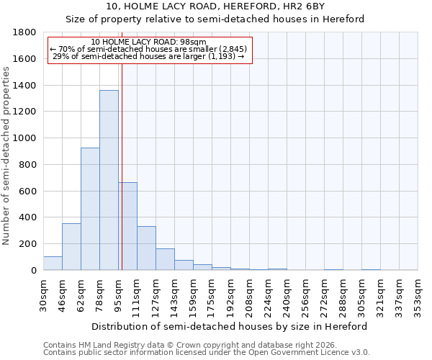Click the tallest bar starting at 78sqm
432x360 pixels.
pos(109,180)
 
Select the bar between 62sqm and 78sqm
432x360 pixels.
pos(90,209)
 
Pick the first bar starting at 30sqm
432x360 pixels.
pos(53,264)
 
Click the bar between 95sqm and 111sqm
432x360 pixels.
pos(127,226)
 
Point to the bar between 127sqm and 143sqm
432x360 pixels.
pos(165,259)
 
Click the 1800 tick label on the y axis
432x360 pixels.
pos(25,32)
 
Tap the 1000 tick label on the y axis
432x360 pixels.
pos(25,138)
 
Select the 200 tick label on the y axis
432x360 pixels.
pos(28,244)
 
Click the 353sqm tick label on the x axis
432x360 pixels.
pos(418,295)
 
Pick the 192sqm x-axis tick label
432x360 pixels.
pos(230,295)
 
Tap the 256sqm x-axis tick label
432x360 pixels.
pos(305,295)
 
